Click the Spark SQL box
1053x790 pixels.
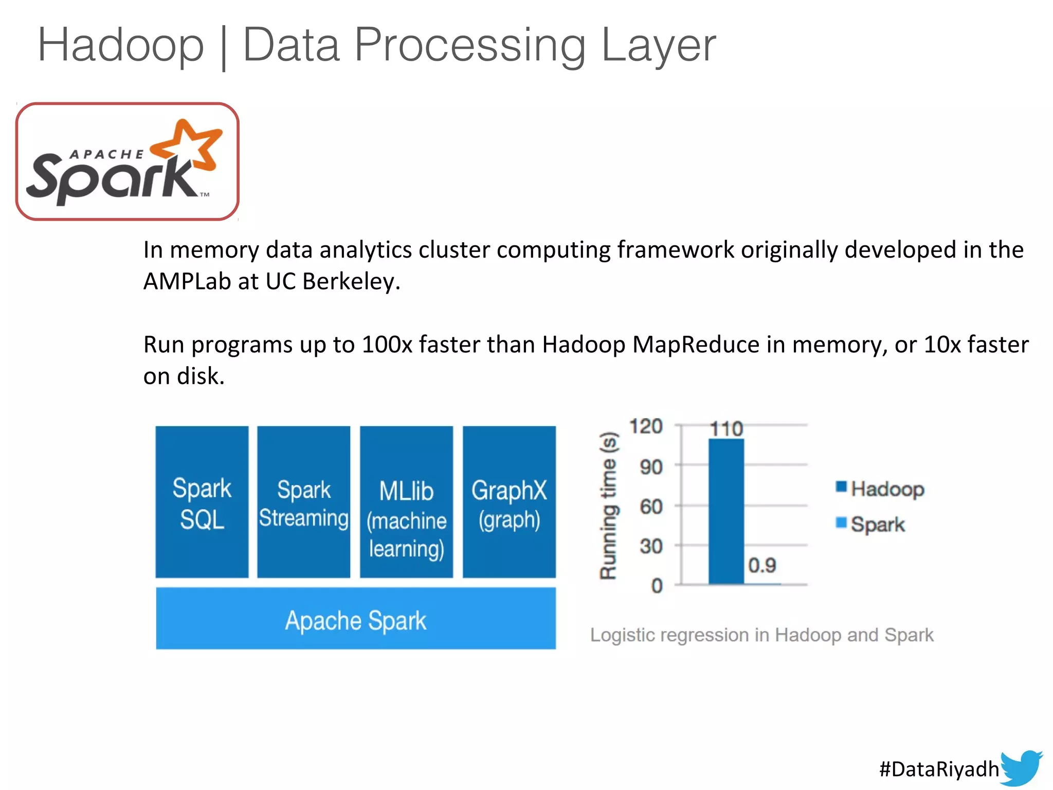tap(202, 502)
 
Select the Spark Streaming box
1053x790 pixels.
tap(304, 502)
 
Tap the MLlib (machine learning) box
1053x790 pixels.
tap(406, 502)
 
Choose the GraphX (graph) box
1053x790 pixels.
tap(509, 502)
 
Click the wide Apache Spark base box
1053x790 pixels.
tap(356, 619)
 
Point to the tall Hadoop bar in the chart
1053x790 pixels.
tap(726, 511)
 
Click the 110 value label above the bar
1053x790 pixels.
tap(726, 429)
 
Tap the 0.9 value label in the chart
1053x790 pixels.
tap(762, 566)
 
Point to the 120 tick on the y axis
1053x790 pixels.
tap(646, 426)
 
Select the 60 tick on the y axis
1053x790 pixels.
tap(651, 507)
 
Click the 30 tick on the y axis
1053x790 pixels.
tap(651, 546)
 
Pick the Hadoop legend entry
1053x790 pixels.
tap(880, 489)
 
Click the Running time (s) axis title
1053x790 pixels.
tap(609, 506)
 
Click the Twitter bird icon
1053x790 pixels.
tap(1021, 767)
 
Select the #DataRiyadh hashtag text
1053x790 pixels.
tap(939, 769)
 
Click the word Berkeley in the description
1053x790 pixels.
tap(351, 281)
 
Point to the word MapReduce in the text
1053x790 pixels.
tap(696, 345)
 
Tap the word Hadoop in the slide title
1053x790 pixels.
tap(121, 45)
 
